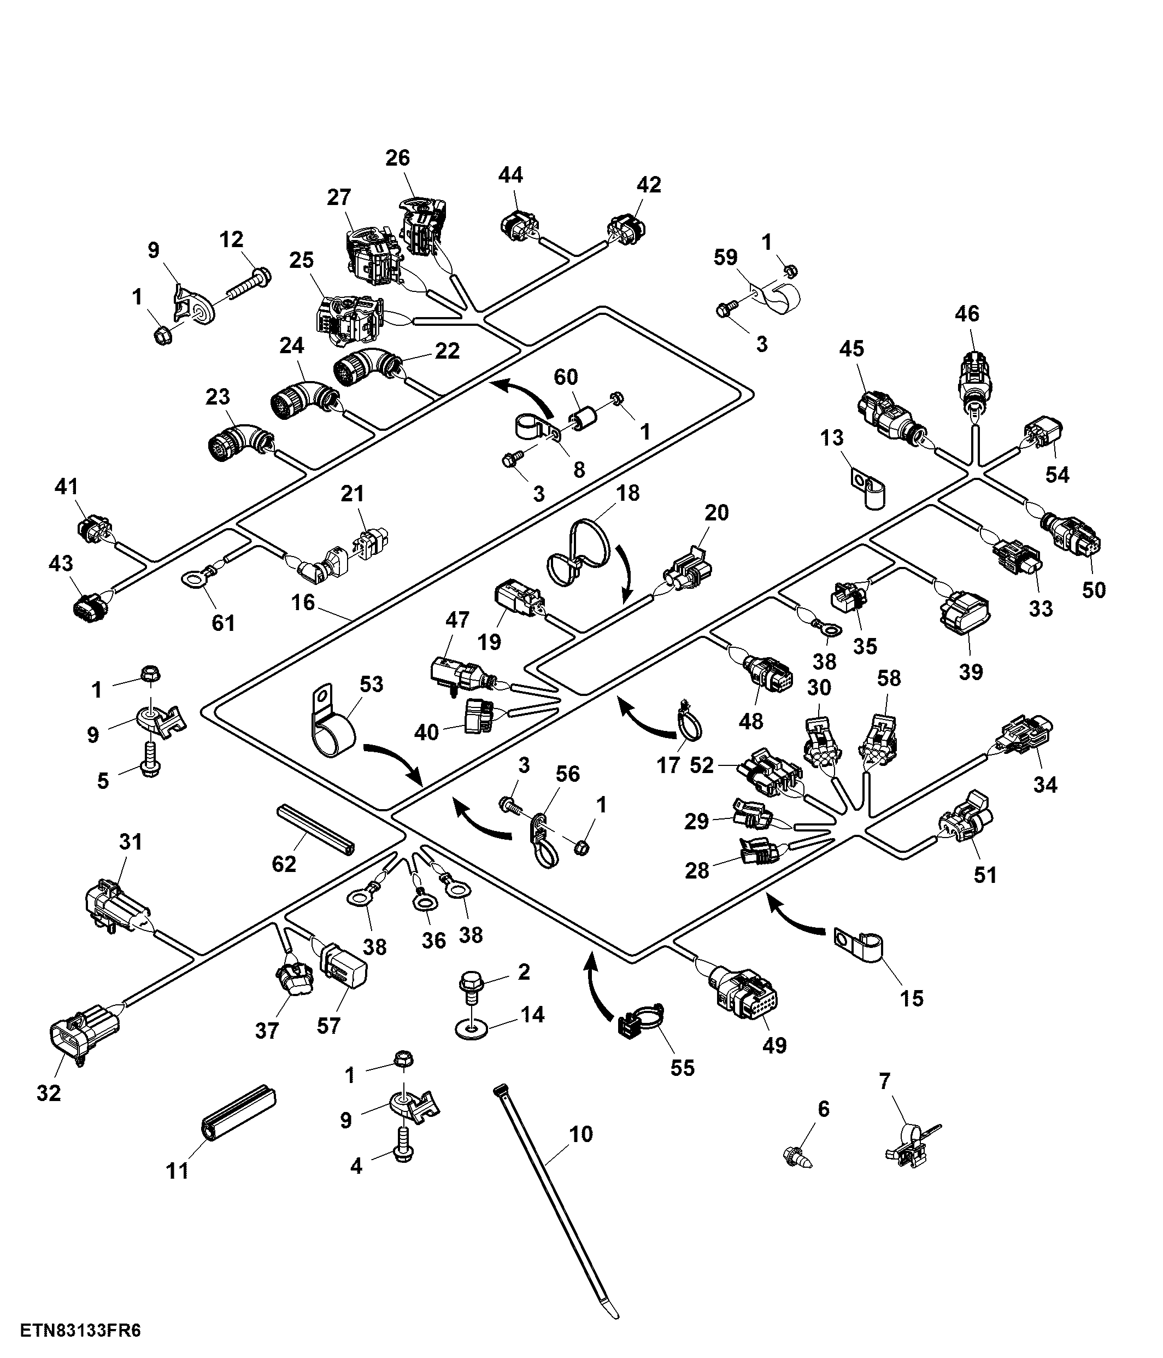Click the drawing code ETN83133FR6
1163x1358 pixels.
80,1331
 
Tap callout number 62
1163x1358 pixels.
284,864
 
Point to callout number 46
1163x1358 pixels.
967,313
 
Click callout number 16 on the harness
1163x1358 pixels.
303,602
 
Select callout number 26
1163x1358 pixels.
398,157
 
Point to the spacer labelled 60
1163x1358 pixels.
587,417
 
